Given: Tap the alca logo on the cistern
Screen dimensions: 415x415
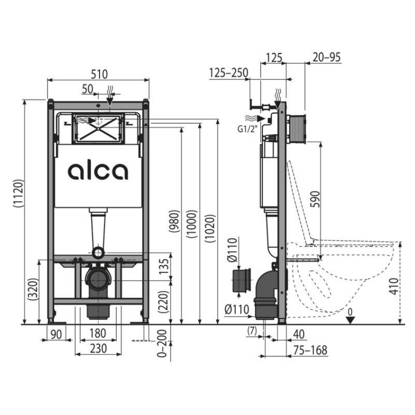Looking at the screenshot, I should (98, 171).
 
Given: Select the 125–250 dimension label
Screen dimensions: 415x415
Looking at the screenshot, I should (228, 73).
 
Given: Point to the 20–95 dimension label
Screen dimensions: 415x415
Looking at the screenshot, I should (326, 58).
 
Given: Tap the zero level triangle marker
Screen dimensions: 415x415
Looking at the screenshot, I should (351, 319).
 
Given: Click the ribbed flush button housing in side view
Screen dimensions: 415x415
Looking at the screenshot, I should (297, 127).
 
